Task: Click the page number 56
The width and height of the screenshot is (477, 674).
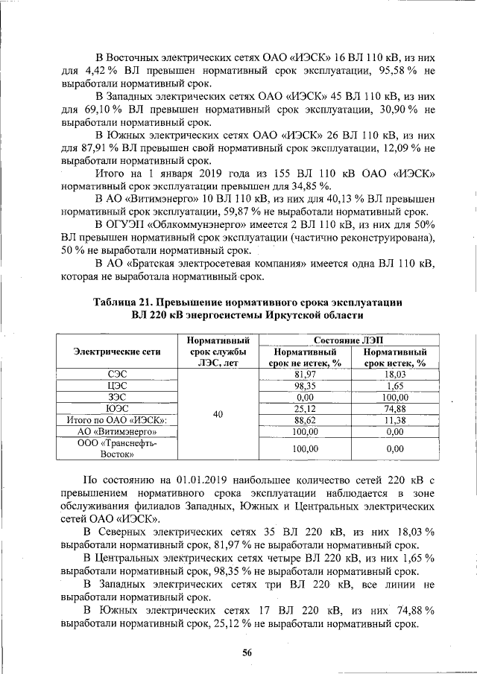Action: [x=247, y=652]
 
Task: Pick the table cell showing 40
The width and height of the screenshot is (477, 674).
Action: [x=218, y=414]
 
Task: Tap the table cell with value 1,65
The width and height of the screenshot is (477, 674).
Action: [x=394, y=386]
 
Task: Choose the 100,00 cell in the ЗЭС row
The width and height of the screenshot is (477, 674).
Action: [x=394, y=398]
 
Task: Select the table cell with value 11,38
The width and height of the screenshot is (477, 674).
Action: [x=394, y=420]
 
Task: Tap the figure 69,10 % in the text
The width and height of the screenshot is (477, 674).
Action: [x=89, y=109]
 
